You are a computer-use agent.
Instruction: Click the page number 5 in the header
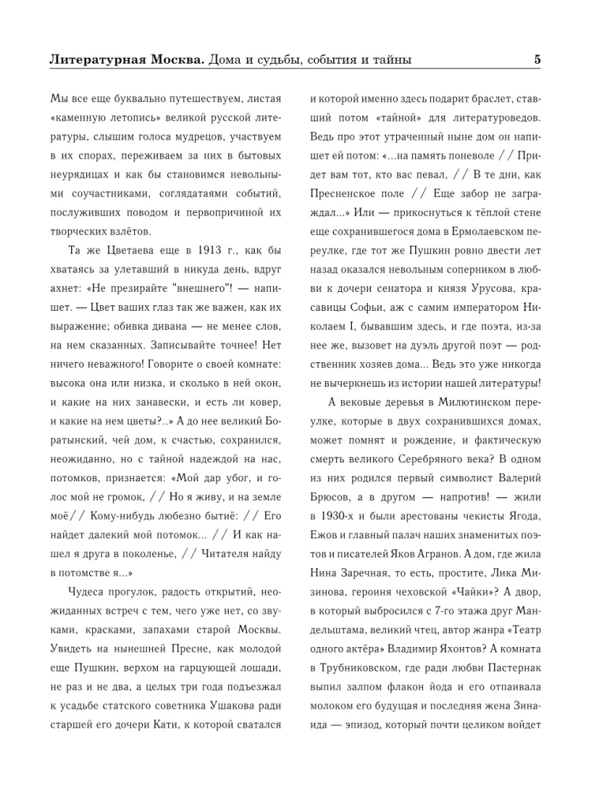tap(537, 58)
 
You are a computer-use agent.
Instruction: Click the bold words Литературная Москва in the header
tap(127, 59)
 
